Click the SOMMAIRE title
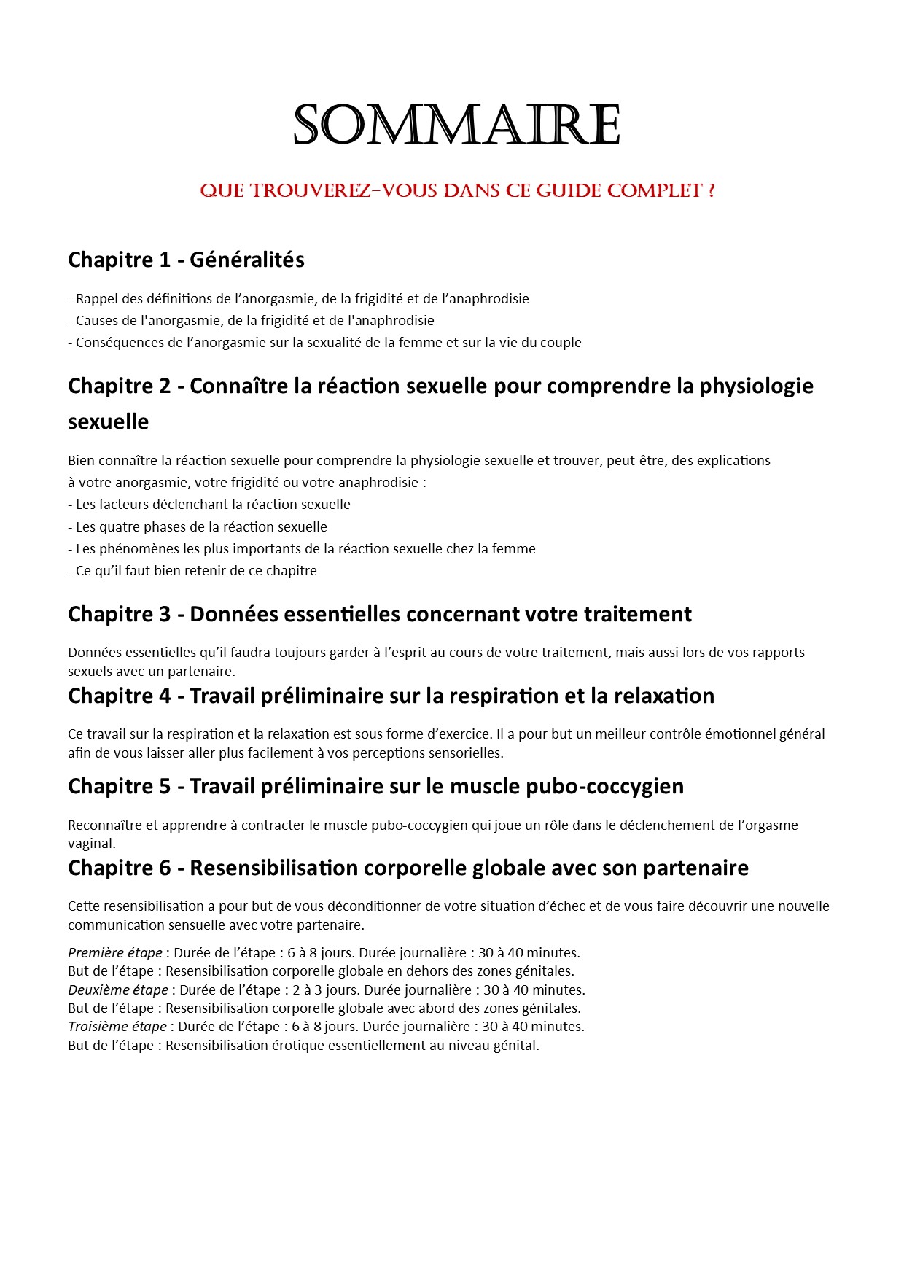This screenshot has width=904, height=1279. pos(456,125)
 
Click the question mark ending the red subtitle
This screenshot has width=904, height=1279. pos(711,191)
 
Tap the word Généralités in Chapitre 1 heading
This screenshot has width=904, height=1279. pos(247,260)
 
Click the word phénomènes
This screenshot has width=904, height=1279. pos(138,548)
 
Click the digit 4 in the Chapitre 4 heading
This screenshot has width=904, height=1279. pos(164,696)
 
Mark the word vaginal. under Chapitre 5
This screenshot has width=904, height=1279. pos(92,844)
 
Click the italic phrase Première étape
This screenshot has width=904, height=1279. pos(115,952)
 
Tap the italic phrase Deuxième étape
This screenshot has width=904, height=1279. pos(117,990)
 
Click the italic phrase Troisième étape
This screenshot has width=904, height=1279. pos(117,1026)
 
